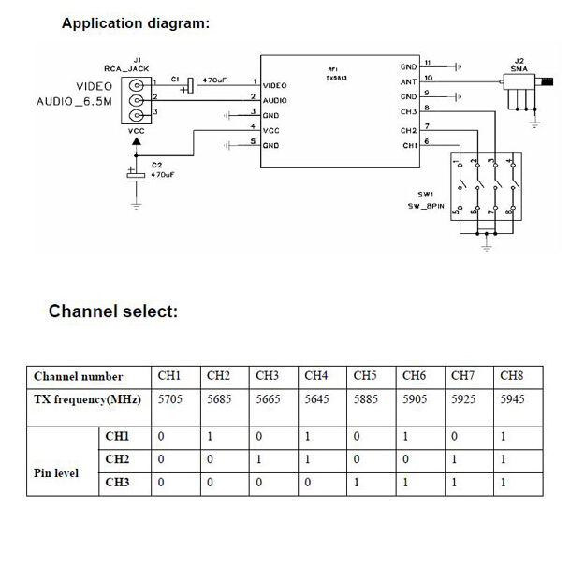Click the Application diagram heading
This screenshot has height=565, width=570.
coord(135,23)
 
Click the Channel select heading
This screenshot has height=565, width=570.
coord(112,311)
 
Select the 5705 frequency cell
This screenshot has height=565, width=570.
coord(168,400)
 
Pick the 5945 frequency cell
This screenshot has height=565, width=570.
coord(512,400)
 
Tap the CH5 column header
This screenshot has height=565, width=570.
coord(365,376)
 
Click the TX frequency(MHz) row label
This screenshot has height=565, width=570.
coord(86,400)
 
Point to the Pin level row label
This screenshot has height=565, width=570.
coord(56,472)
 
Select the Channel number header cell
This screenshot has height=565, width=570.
coord(78,377)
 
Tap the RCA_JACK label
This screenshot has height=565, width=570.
coord(126,69)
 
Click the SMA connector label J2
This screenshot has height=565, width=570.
coord(520,60)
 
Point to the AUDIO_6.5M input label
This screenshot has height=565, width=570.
coord(74,101)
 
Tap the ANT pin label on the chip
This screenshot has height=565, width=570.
coord(408,81)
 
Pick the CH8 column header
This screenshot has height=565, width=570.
coord(511,376)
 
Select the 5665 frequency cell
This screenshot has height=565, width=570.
coord(268,400)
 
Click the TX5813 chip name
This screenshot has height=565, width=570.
coord(336,79)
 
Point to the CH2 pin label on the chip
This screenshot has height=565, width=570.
coord(408,130)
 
